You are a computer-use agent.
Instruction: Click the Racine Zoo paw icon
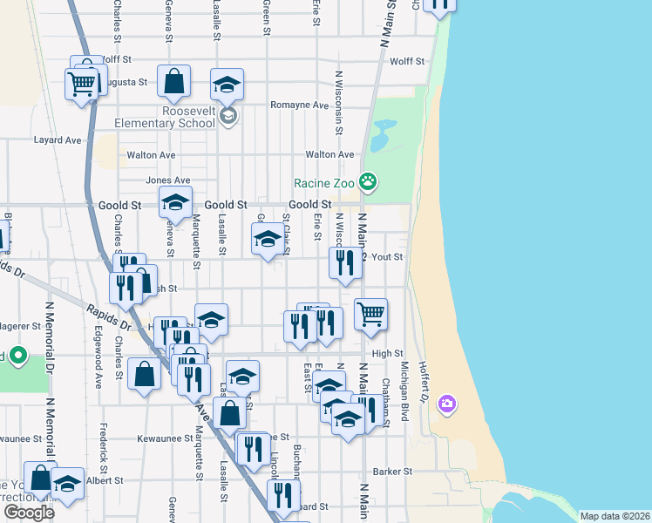point(369,182)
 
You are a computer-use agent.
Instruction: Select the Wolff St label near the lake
point(406,62)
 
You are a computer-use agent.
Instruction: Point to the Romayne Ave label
point(299,105)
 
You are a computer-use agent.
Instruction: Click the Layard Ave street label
point(57,139)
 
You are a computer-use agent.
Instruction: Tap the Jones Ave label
point(167,180)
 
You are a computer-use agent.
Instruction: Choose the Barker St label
point(392,472)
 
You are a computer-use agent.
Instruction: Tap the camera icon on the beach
point(447,403)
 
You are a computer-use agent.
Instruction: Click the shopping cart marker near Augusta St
point(81,85)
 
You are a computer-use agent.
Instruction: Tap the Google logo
point(29,513)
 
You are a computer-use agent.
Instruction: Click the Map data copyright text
point(615,516)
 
